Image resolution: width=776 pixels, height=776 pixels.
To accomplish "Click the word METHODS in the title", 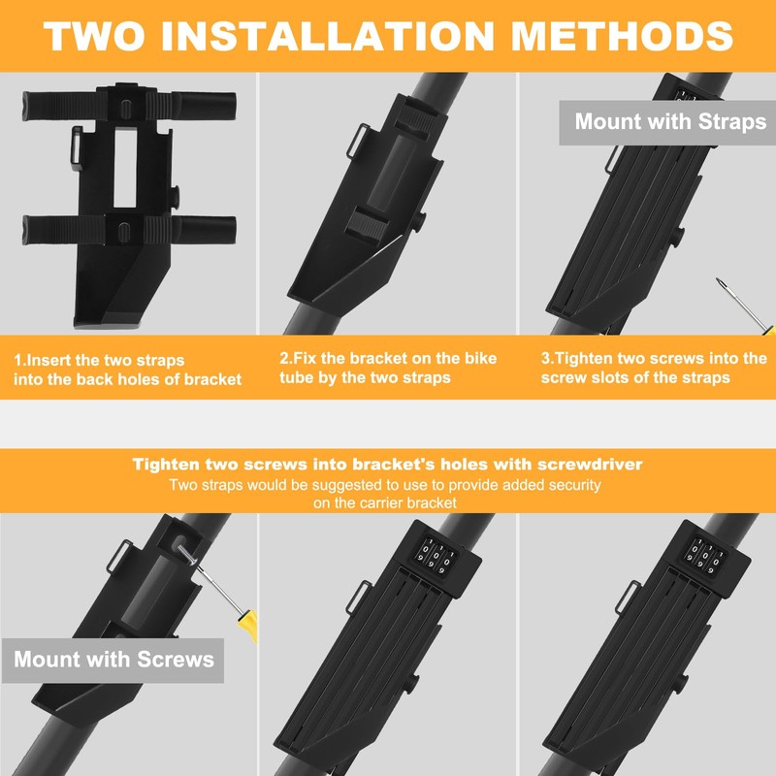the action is tap(622, 36).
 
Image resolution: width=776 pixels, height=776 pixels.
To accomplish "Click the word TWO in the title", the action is tap(94, 36).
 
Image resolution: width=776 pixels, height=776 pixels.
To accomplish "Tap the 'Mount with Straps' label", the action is tap(670, 122).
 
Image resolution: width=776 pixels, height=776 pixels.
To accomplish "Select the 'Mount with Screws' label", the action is tap(113, 660).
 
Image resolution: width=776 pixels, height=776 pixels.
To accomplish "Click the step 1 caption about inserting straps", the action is tap(128, 370).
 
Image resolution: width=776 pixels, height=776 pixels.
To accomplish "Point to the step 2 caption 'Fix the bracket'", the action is tap(388, 368).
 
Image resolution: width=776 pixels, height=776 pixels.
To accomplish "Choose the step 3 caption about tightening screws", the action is tap(654, 368).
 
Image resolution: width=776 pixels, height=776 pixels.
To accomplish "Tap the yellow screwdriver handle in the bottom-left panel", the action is tap(248, 626).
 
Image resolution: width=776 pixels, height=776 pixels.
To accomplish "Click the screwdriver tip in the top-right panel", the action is tap(718, 280).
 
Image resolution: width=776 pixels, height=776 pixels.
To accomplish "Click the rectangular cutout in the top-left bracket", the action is tap(125, 168).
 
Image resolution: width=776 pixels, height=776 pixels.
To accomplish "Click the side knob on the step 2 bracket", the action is tap(420, 221).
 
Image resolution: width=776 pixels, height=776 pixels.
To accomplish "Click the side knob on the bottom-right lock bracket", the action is tap(680, 687).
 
